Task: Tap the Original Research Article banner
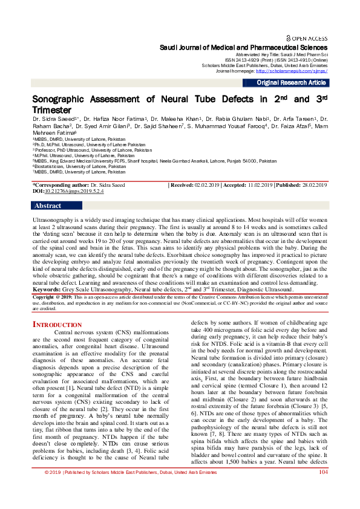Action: point(291,83)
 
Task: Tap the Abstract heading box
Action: point(48,206)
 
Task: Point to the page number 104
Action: point(322,488)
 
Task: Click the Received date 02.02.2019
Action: point(206,184)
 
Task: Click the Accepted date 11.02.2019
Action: point(257,184)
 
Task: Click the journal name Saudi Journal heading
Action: point(243,47)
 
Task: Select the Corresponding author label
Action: point(59,184)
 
